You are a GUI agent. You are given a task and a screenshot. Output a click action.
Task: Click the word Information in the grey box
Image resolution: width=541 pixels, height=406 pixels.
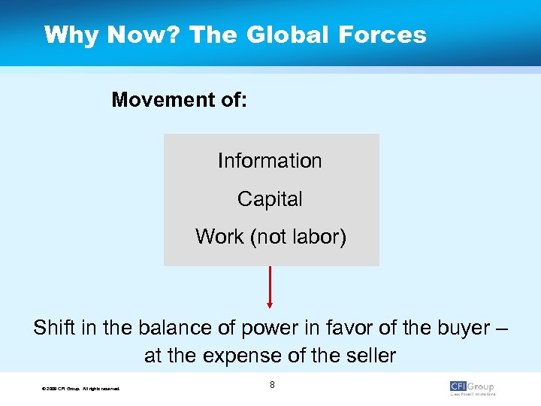[270, 160]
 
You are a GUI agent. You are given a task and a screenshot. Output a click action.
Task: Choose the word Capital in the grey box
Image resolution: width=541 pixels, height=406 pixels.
[270, 198]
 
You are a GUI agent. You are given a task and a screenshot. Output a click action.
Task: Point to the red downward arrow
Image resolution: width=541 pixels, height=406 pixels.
[270, 287]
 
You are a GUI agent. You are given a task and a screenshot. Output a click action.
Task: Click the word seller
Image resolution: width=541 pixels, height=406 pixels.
[369, 355]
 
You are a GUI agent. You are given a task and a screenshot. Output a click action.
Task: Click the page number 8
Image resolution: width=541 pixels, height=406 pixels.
[272, 385]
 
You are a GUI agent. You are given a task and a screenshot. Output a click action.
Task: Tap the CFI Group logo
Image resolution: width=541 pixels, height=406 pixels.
[472, 387]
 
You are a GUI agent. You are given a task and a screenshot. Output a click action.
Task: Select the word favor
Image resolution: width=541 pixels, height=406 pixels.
[328, 329]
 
